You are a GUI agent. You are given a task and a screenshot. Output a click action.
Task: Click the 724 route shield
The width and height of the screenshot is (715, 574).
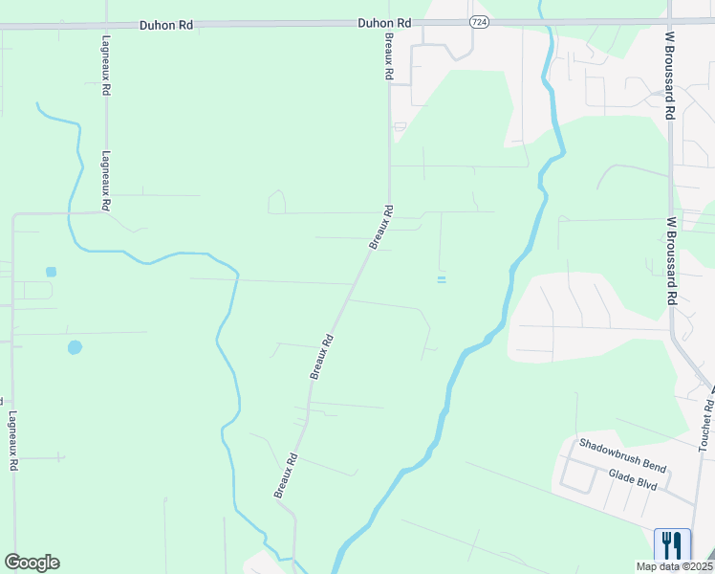480,22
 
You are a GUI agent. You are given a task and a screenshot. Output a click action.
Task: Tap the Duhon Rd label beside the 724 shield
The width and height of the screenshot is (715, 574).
384,22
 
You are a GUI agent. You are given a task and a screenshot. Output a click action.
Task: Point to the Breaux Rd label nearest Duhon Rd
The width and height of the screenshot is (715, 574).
389,56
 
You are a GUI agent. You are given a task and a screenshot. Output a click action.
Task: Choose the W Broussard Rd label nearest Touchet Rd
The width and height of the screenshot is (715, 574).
672,261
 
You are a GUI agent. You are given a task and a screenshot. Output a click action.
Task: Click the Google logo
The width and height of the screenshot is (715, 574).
32,563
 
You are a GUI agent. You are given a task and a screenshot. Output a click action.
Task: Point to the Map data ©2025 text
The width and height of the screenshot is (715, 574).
673,566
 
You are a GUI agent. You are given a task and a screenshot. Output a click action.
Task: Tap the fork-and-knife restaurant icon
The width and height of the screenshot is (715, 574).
672,545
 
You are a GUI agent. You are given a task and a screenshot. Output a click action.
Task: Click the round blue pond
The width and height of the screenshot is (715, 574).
75,347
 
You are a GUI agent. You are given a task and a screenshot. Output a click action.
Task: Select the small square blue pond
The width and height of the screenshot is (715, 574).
51,272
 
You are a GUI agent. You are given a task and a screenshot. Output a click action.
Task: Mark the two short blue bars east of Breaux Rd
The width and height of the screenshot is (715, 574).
441,279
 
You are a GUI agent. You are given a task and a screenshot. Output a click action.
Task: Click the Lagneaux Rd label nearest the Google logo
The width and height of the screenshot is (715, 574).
12,440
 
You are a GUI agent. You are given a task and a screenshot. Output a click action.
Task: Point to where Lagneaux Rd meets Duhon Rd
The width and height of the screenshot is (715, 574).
105,27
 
